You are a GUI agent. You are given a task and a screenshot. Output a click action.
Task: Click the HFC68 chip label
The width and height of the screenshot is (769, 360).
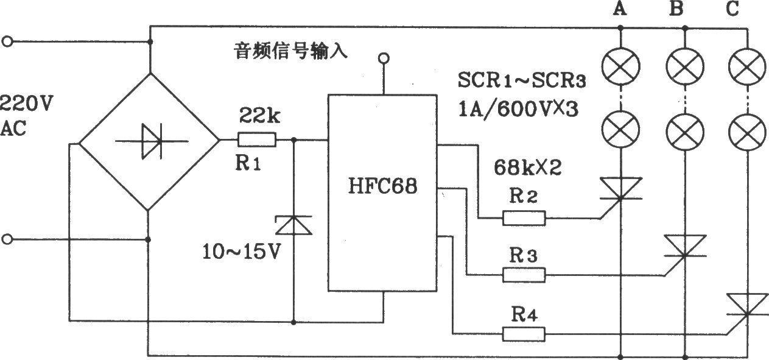click(x=383, y=186)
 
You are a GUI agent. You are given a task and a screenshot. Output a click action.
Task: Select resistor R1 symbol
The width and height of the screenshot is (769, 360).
click(x=257, y=140)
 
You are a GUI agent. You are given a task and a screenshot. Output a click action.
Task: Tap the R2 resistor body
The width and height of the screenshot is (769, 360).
click(x=524, y=218)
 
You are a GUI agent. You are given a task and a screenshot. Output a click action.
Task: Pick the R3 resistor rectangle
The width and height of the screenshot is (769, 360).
click(x=524, y=275)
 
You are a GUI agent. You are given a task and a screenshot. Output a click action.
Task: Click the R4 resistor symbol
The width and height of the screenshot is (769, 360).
click(x=524, y=334)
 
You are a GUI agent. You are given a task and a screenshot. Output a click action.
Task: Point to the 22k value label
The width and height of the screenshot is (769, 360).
click(x=259, y=115)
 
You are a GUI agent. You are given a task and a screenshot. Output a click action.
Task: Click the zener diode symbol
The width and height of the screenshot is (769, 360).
click(x=293, y=225)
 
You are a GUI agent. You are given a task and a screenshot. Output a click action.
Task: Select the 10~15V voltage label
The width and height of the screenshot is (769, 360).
click(x=241, y=251)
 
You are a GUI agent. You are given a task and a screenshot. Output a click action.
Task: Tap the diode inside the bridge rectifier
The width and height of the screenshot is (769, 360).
click(x=152, y=141)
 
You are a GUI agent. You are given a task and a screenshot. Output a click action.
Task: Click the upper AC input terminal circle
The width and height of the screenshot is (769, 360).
click(x=7, y=42)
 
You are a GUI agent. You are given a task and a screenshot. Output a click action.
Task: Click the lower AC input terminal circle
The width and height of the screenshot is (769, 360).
click(x=7, y=239)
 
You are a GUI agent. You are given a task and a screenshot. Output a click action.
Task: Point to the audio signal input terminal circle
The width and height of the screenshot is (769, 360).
click(x=384, y=58)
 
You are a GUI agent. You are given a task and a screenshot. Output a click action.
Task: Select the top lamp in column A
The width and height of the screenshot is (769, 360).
click(x=620, y=66)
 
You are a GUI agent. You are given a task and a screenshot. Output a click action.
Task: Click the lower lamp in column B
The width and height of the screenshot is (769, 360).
click(x=685, y=132)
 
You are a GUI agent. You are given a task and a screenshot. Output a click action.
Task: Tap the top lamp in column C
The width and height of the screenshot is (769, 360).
click(x=747, y=66)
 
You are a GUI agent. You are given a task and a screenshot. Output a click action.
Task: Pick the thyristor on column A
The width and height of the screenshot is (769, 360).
click(x=620, y=192)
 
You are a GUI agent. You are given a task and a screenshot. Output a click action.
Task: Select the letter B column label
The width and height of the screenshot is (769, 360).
click(x=676, y=9)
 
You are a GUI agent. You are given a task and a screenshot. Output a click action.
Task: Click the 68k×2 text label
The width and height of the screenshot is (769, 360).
click(x=528, y=168)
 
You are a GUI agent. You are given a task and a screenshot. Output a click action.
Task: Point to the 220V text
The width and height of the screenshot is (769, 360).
click(x=26, y=103)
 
